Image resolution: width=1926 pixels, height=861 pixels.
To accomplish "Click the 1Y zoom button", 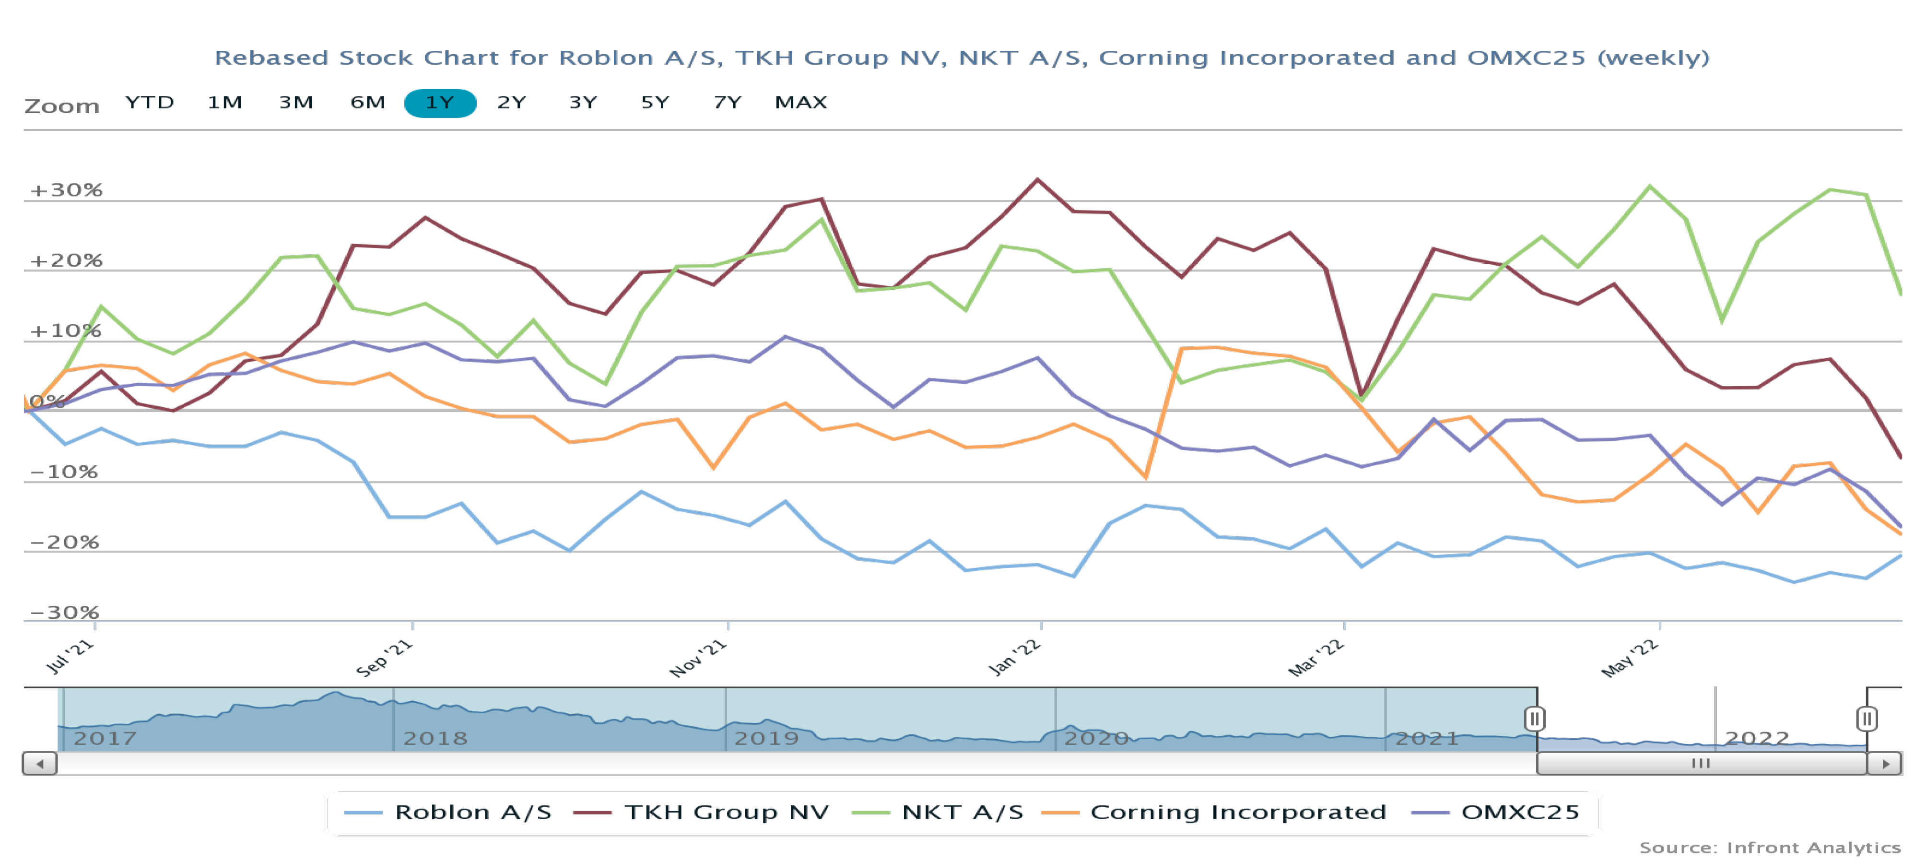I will click(440, 103).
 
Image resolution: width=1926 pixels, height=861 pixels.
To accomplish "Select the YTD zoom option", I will click(150, 103).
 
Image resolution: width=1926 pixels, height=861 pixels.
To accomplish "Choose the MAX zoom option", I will click(800, 103).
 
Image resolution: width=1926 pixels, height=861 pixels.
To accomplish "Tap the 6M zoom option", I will click(367, 103).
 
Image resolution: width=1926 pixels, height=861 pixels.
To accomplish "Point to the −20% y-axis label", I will click(64, 543).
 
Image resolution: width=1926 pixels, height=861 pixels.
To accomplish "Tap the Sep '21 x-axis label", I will click(384, 658).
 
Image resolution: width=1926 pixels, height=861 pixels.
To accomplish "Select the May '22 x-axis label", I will click(1630, 658).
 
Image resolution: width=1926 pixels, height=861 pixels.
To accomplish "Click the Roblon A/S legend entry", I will click(472, 813).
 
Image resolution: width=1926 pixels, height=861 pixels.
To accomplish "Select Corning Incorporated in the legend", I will click(1237, 813).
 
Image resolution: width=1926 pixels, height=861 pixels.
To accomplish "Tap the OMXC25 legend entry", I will click(1519, 813).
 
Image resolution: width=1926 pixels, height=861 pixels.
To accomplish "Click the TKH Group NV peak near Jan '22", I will click(1037, 179).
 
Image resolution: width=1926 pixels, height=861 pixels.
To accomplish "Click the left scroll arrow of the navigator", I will click(40, 764).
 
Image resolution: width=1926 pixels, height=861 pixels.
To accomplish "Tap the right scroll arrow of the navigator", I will click(1885, 764).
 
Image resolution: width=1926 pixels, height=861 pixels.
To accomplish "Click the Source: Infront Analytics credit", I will click(1770, 848).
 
